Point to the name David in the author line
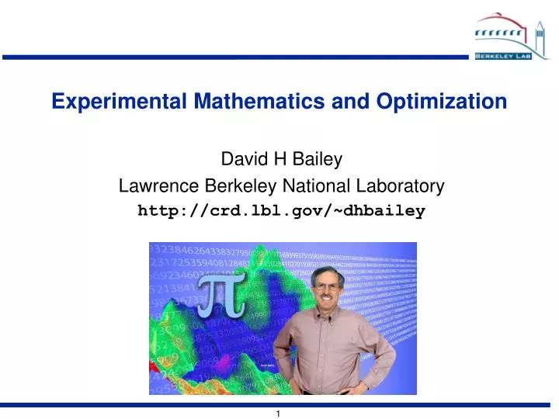pyautogui.click(x=240, y=161)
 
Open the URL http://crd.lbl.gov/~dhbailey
pyautogui.click(x=281, y=210)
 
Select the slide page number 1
pyautogui.click(x=279, y=414)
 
